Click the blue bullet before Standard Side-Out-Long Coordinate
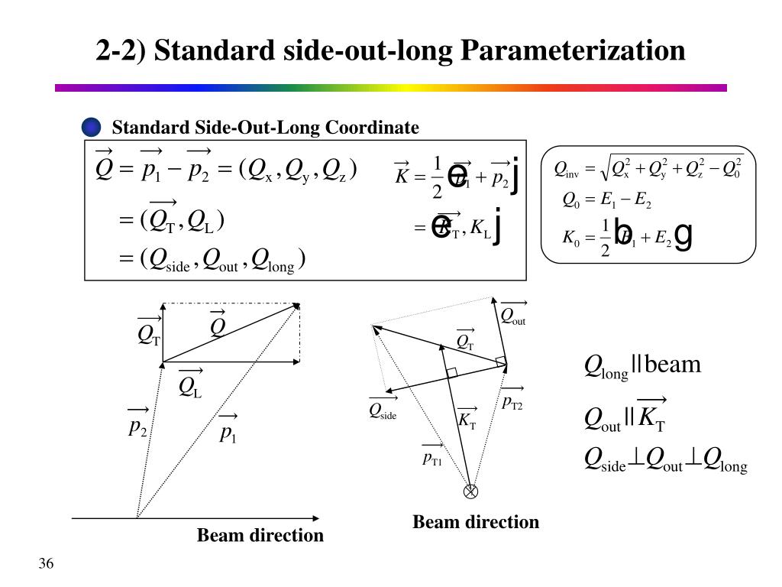(x=91, y=127)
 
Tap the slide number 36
(x=46, y=564)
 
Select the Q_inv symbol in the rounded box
(x=566, y=168)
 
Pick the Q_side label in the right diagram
(x=383, y=411)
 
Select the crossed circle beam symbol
(x=472, y=491)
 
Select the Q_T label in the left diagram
(x=149, y=334)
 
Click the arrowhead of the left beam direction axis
(x=317, y=518)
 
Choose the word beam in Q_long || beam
(x=673, y=365)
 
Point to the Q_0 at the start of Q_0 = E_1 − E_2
(x=571, y=200)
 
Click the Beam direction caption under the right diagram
(x=476, y=522)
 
